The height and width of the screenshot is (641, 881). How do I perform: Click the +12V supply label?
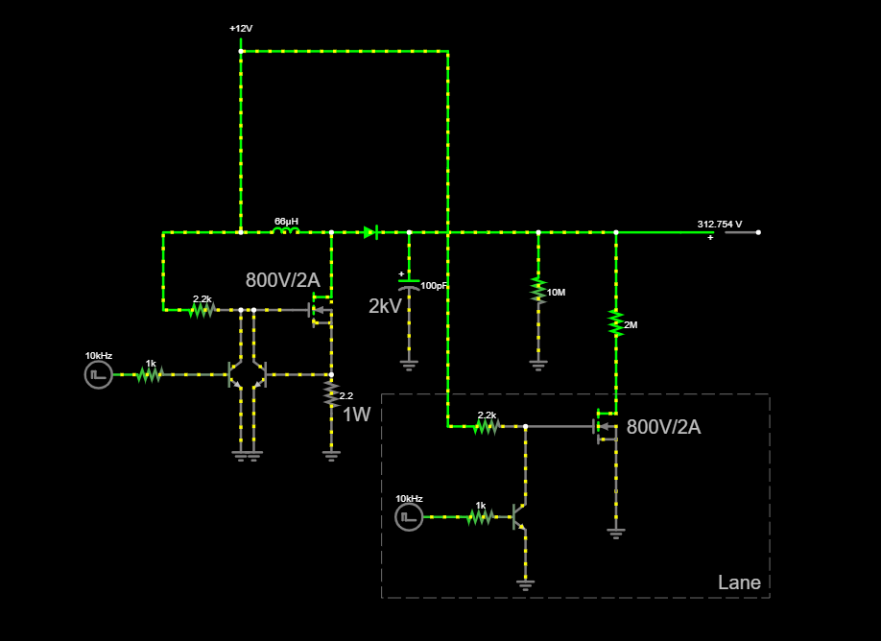(x=241, y=29)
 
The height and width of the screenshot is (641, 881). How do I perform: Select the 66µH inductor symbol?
(x=286, y=230)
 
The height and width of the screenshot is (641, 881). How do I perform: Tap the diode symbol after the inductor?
(x=370, y=232)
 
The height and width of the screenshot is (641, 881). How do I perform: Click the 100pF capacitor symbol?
(x=409, y=284)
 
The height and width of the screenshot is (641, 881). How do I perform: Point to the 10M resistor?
(x=538, y=290)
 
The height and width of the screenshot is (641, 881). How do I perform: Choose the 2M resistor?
(x=616, y=323)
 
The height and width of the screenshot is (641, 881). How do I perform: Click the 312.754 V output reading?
(x=720, y=225)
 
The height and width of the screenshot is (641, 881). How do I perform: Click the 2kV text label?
(x=385, y=306)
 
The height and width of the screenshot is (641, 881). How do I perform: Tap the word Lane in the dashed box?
(x=739, y=582)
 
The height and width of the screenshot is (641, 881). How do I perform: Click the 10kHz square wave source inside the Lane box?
(x=409, y=517)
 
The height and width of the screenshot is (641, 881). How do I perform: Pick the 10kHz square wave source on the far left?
(x=99, y=374)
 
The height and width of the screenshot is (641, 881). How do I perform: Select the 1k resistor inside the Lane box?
(x=480, y=517)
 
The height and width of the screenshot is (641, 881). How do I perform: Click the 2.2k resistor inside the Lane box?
(x=487, y=426)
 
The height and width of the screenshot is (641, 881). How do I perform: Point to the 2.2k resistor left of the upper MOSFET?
(x=202, y=310)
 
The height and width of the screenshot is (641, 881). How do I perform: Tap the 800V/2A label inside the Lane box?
(x=663, y=427)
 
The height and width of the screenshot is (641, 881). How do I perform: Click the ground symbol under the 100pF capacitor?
(x=409, y=366)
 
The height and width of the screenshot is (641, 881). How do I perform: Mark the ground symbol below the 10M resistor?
(x=538, y=366)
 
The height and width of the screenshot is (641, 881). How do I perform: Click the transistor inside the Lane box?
(x=520, y=517)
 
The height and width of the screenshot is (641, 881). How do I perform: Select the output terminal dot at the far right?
(x=758, y=232)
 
